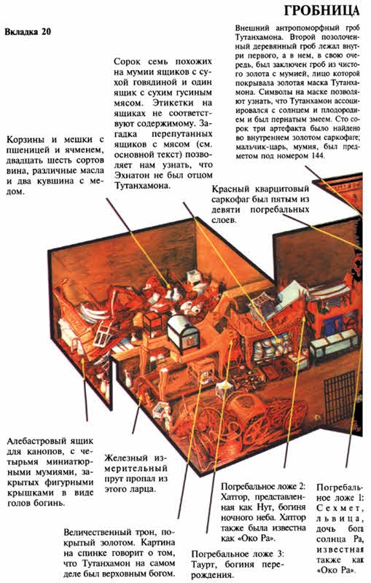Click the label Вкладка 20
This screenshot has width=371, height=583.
click(28, 31)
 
